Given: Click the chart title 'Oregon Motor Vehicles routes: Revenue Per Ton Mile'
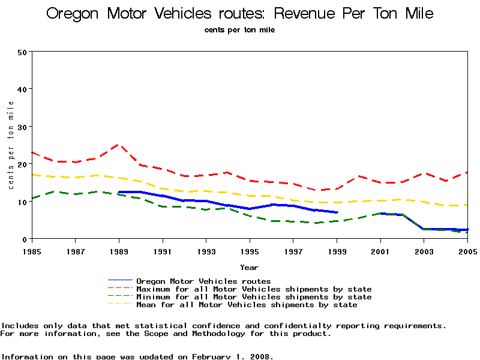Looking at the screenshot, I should (240, 13).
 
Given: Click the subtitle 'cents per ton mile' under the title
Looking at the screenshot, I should (239, 29).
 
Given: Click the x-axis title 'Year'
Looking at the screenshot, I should (250, 267).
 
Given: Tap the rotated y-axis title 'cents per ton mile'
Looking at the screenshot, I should (11, 145).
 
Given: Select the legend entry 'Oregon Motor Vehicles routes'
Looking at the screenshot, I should (203, 281).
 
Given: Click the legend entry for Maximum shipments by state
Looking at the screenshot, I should (254, 289).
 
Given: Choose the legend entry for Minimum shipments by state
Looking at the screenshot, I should (254, 297).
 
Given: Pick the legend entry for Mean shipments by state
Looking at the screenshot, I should (247, 305).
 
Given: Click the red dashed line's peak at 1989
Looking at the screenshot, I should (119, 145).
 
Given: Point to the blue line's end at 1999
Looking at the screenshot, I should (337, 212).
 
